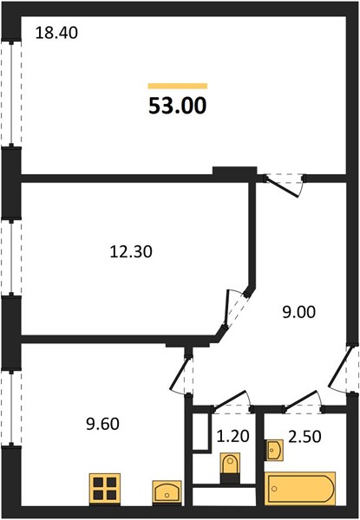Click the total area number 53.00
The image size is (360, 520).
pos(178,106)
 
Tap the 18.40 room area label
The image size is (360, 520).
pos(56,33)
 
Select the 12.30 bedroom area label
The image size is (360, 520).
pos(131,251)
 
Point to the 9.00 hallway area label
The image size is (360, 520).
pos(299,312)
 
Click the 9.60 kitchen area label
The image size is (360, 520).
pos(102,424)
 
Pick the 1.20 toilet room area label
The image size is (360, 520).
pos(233,436)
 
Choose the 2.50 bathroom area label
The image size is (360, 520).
pos(304,437)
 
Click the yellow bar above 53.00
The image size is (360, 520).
pos(178,86)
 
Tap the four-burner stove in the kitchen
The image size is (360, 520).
pos(105,489)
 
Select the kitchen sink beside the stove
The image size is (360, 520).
pos(167,492)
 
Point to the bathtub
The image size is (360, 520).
pos(300,489)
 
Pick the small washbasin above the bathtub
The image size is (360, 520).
pos(274,451)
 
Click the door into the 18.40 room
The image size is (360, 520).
pos(285,185)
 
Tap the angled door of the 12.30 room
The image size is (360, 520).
pos(232,309)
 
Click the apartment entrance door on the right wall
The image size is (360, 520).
pos(341,369)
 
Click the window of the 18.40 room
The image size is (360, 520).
pos(11,94)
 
